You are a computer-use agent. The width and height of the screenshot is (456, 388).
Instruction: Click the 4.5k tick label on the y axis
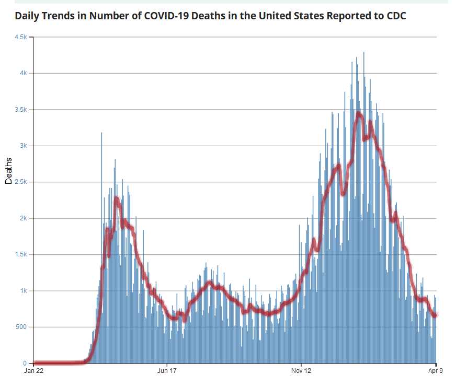(x=20, y=37)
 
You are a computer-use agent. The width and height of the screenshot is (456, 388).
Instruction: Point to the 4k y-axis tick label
(x=23, y=73)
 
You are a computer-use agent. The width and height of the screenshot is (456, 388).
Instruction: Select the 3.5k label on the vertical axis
(x=20, y=110)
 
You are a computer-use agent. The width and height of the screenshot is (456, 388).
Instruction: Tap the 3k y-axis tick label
(x=23, y=146)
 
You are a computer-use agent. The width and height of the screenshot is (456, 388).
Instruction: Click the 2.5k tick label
(x=20, y=182)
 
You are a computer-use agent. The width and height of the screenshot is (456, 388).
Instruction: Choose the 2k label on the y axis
(x=23, y=218)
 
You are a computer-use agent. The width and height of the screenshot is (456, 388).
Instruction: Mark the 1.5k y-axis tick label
(x=20, y=255)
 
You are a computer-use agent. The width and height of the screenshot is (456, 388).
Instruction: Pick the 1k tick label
(x=23, y=291)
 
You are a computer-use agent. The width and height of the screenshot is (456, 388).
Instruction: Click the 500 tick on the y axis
(x=21, y=327)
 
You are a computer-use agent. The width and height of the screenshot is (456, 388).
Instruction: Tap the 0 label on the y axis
(x=26, y=363)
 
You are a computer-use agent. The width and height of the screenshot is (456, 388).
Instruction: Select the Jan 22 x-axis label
(x=33, y=371)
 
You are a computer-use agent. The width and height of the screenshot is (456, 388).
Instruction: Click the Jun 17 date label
(x=167, y=371)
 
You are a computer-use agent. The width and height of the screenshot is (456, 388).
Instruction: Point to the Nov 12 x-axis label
(x=302, y=371)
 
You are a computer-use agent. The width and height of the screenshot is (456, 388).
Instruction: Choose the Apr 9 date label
(x=436, y=371)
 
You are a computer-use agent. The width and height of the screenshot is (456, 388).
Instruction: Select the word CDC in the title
(x=395, y=15)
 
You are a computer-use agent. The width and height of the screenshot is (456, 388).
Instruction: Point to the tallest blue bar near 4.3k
(x=364, y=53)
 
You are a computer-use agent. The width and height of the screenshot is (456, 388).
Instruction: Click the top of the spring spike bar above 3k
(x=101, y=134)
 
